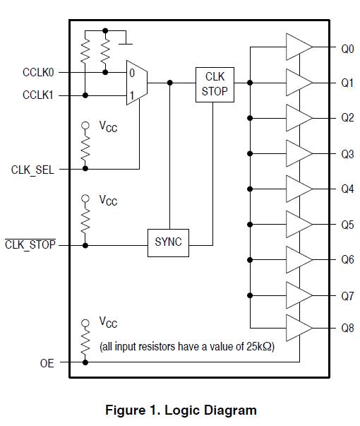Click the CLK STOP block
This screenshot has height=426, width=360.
(215, 84)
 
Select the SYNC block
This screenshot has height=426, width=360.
(168, 242)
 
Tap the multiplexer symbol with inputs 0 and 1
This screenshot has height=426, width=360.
(136, 83)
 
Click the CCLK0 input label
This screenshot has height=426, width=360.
(38, 72)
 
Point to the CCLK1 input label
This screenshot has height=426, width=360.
(38, 95)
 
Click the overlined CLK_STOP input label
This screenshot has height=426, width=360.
(30, 246)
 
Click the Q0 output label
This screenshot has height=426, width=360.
(347, 49)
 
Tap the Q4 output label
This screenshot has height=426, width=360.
(347, 189)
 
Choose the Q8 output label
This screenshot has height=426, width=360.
(347, 329)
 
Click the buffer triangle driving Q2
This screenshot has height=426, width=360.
(298, 117)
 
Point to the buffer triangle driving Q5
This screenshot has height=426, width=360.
(298, 224)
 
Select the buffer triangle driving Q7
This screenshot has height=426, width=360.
(298, 294)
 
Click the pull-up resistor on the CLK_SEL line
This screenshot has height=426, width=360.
(85, 149)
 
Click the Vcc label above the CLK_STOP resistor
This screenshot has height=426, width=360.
(107, 201)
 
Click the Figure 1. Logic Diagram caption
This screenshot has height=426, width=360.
(181, 410)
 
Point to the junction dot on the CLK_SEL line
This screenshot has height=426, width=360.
(85, 169)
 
